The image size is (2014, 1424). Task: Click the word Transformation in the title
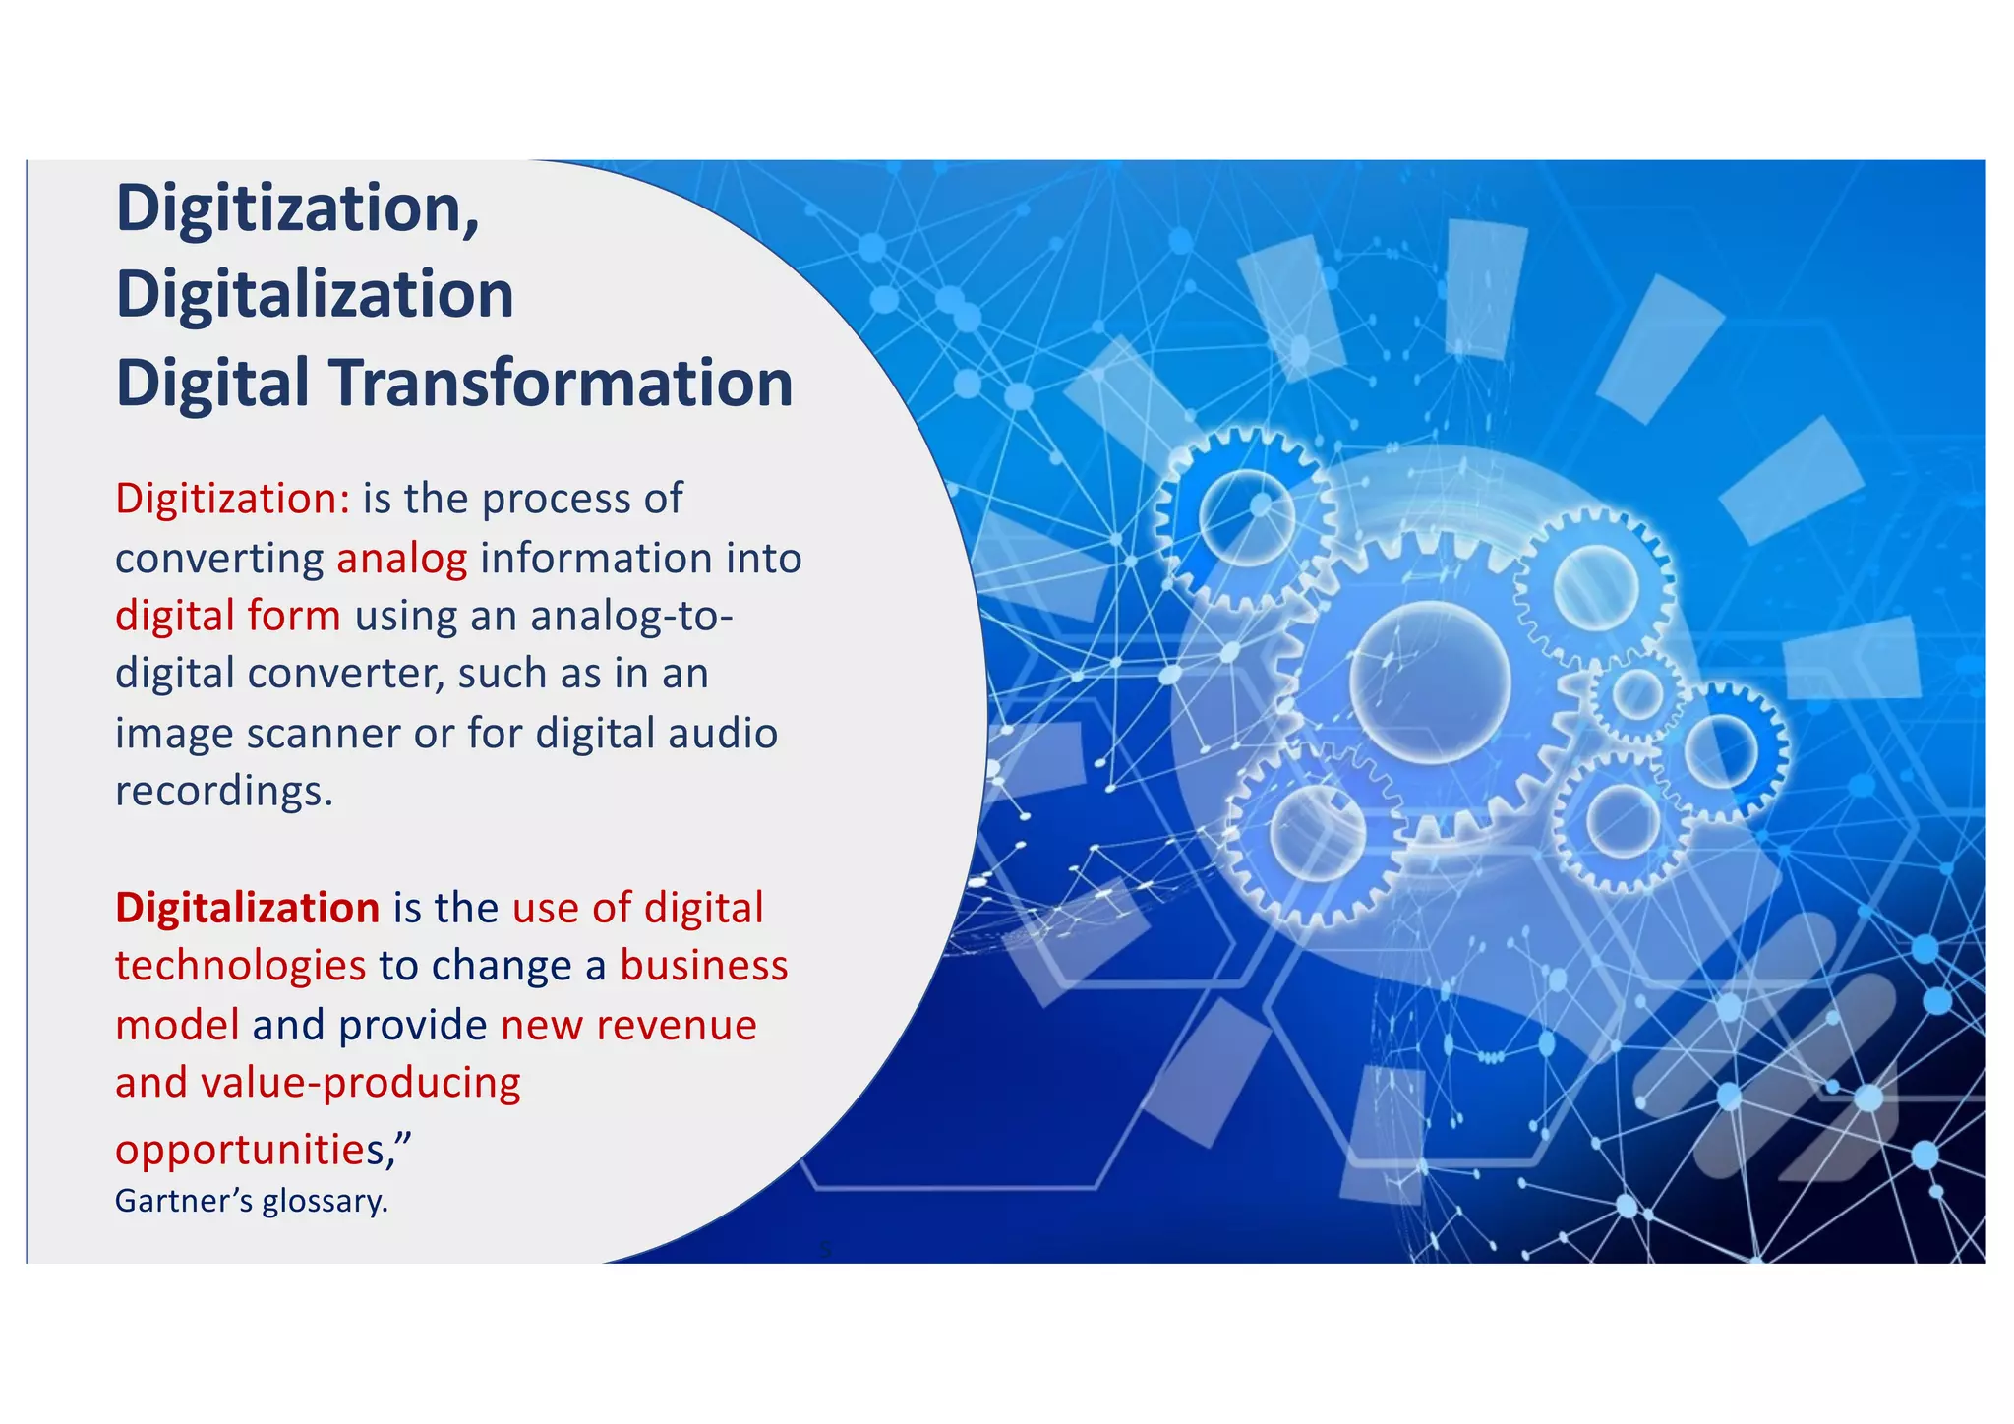(x=561, y=384)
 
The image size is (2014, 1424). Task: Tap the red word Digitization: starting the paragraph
(x=233, y=499)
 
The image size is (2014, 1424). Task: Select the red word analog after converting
(x=401, y=559)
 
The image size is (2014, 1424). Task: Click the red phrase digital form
(x=228, y=617)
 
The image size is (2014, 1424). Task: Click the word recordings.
(x=224, y=792)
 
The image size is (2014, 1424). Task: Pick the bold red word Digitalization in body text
(x=248, y=908)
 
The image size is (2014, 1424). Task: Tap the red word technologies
(x=241, y=967)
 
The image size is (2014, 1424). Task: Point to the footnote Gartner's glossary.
(x=252, y=1201)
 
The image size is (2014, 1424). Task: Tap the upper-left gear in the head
(x=1247, y=517)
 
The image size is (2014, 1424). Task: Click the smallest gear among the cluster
(x=1637, y=694)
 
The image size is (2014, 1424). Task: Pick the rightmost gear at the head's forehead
(x=1721, y=750)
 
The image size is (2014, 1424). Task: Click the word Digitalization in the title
(x=315, y=295)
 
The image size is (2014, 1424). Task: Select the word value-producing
(x=361, y=1084)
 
